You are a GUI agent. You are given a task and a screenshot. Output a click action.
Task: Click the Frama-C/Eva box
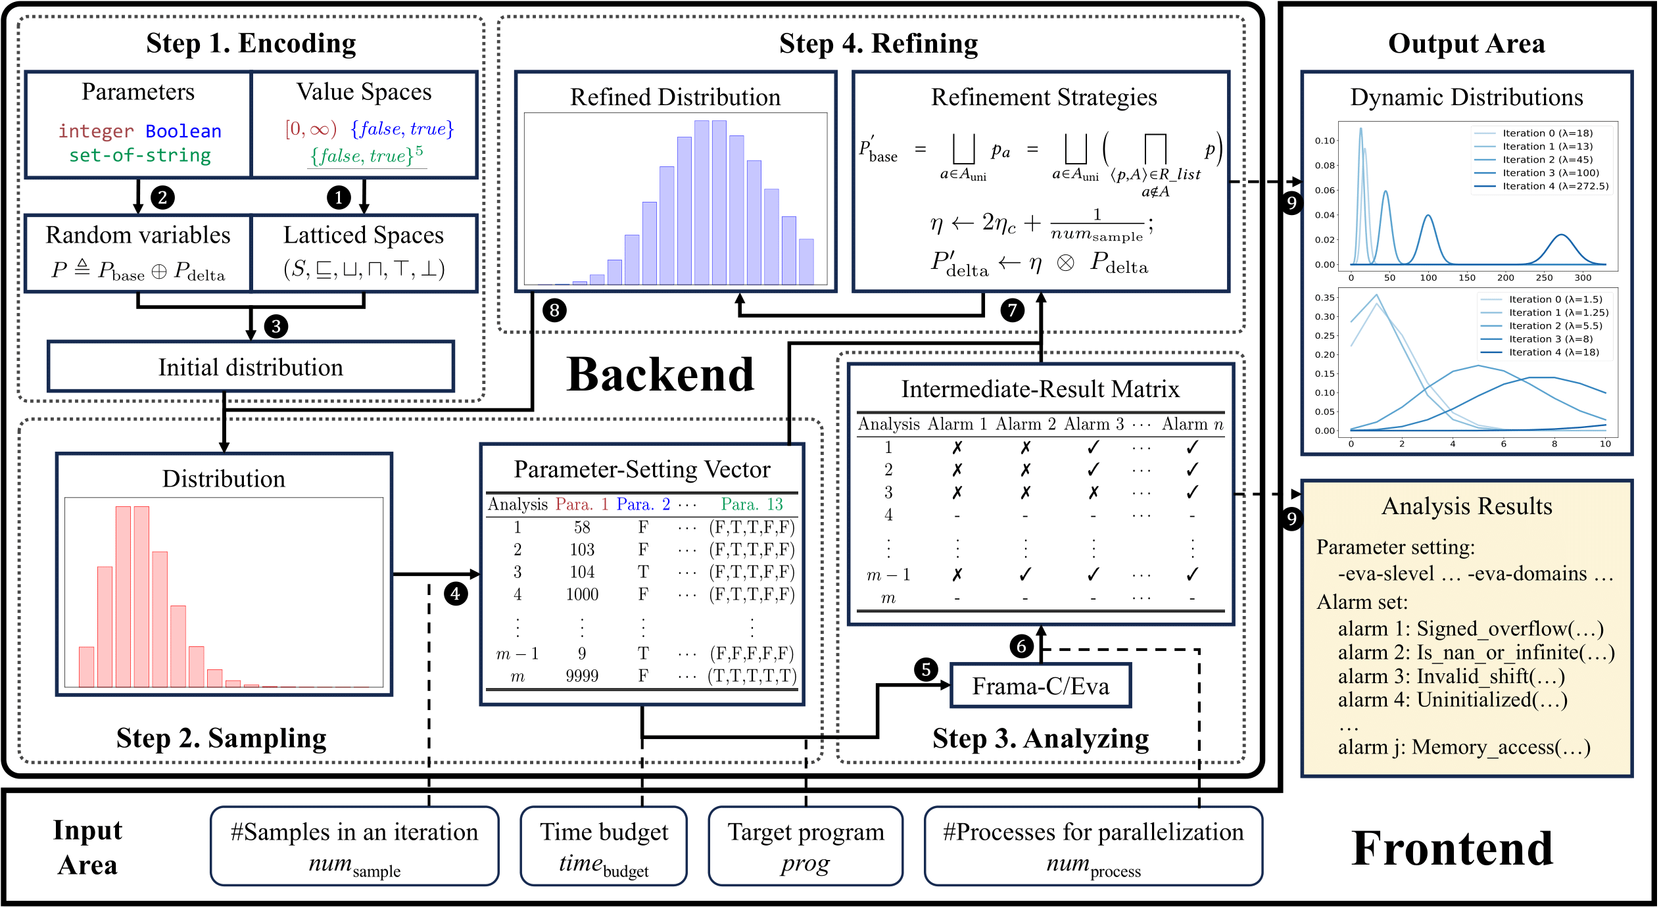point(1040,686)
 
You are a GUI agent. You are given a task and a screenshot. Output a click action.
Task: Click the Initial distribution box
point(251,367)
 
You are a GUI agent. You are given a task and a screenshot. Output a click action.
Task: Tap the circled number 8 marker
point(554,310)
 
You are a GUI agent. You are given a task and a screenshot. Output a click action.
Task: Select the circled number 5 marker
point(926,669)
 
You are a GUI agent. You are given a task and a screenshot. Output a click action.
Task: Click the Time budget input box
point(604,846)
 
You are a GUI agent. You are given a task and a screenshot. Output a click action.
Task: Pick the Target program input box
point(805,846)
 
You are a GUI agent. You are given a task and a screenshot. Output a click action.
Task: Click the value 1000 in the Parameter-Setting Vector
point(582,594)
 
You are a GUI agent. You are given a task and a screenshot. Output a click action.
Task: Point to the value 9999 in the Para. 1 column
point(582,676)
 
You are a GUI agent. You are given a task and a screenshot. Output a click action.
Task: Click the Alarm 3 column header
point(1094,424)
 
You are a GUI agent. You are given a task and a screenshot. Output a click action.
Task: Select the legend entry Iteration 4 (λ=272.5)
point(1555,186)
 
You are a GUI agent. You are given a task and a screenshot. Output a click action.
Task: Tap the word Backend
point(660,375)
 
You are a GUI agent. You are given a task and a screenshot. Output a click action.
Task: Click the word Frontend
point(1452,848)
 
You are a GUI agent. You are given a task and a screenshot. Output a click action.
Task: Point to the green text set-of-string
point(140,155)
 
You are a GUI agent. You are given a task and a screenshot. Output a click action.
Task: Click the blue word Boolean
point(183,131)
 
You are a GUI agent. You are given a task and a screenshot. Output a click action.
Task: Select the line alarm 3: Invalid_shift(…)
point(1451,676)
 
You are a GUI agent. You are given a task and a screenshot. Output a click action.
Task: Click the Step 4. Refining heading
point(878,43)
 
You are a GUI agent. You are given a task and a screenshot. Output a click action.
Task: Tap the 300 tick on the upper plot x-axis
point(1583,277)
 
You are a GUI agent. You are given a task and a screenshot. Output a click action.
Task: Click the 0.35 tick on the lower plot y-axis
point(1324,298)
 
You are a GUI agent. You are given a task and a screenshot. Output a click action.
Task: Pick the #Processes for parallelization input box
point(1093,846)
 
